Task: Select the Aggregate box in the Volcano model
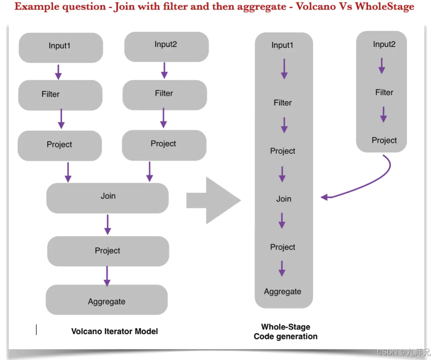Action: tap(107, 300)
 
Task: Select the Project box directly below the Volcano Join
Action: tap(108, 251)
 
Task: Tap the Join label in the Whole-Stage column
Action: tap(284, 199)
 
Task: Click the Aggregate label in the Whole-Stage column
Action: tap(282, 292)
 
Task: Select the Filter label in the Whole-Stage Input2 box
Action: tap(384, 93)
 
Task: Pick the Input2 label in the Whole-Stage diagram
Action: tap(384, 45)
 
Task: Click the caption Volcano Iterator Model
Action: tap(115, 331)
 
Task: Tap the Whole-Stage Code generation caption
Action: tap(285, 332)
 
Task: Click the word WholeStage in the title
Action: tap(384, 7)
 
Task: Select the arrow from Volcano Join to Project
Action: tap(107, 225)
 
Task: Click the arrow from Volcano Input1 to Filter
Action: tap(58, 72)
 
